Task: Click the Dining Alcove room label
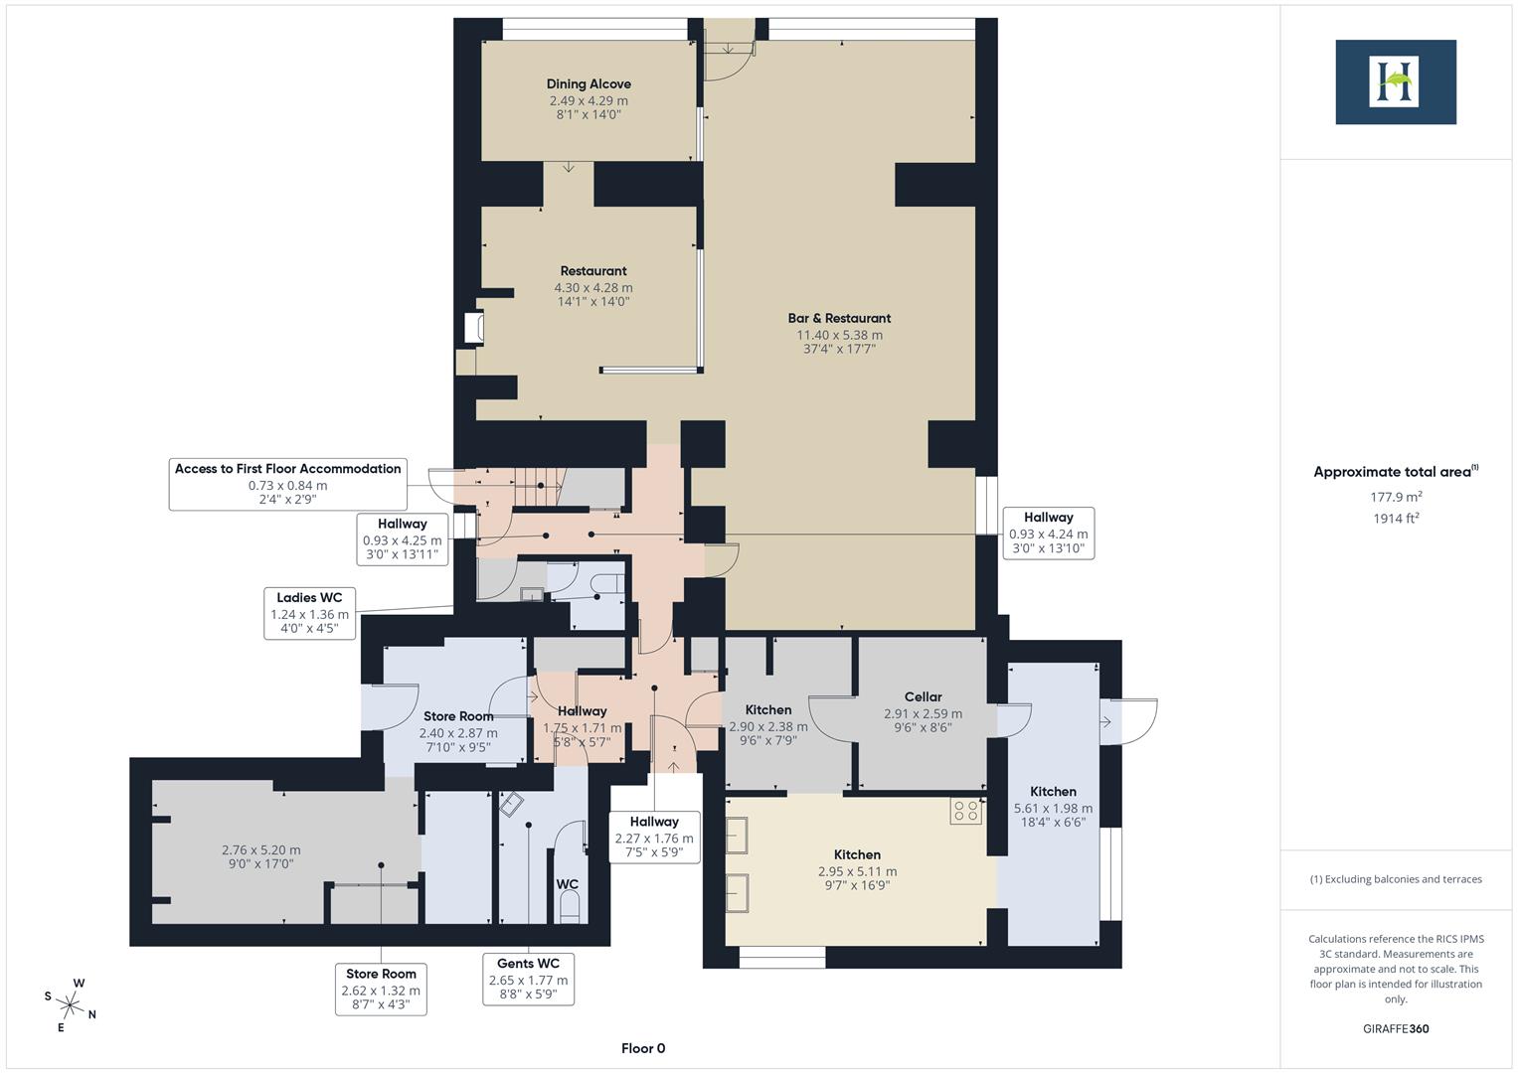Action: click(589, 84)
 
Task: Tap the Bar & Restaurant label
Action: click(839, 318)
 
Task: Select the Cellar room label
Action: click(923, 696)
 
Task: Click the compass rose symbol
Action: click(71, 1004)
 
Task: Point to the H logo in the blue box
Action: click(1395, 81)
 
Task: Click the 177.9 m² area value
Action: click(1396, 497)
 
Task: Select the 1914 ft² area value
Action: click(1396, 518)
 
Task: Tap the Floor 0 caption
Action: click(643, 1048)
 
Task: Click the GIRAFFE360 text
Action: click(1396, 1028)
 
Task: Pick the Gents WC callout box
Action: click(528, 979)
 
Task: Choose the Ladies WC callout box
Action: click(309, 613)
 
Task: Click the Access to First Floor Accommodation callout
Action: click(287, 484)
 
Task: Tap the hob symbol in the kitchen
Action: click(965, 811)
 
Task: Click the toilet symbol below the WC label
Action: click(570, 906)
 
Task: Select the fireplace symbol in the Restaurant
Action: click(473, 329)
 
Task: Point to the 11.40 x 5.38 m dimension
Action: click(839, 335)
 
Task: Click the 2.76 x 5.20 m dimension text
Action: click(260, 849)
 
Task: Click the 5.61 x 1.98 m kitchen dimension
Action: click(1053, 808)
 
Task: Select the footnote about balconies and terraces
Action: click(1396, 879)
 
